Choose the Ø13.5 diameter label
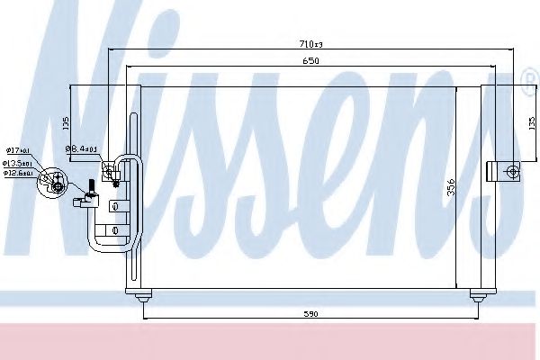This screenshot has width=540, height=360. (18, 162)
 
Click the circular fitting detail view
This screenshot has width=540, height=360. (51, 180)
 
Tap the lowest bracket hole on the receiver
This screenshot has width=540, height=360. (114, 232)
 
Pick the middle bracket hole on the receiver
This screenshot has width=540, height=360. (114, 206)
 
